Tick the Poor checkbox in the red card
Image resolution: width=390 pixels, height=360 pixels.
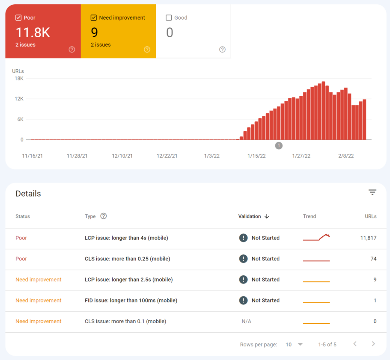point(18,18)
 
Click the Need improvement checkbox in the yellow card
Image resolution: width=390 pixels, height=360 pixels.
point(94,18)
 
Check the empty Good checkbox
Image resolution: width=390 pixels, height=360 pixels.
point(169,18)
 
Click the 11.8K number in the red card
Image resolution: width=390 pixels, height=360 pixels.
point(33,32)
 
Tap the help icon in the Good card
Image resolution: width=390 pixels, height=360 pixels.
point(222,50)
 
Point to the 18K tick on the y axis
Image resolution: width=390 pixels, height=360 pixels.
point(19,79)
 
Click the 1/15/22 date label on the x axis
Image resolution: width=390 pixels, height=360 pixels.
point(256,156)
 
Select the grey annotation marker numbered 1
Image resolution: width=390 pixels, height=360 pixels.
point(279,146)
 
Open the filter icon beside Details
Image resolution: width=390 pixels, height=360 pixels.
point(372,192)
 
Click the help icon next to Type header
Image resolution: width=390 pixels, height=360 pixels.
point(104,216)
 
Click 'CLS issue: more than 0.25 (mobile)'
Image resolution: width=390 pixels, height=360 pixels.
point(127,259)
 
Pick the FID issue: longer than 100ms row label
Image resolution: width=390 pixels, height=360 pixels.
point(131,301)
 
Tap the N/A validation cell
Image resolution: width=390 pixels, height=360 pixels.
point(247,322)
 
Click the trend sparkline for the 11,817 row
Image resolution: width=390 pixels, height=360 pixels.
point(316,238)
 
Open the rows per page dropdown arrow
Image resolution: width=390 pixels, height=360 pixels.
point(300,345)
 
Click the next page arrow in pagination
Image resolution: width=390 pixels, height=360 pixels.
point(373,344)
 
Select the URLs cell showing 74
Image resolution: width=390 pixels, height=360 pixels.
point(373,259)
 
